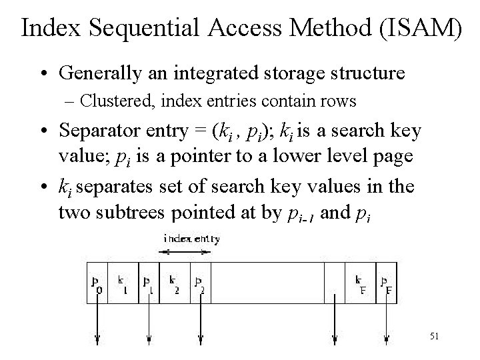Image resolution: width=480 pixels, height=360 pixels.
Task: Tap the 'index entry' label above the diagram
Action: tap(192, 239)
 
